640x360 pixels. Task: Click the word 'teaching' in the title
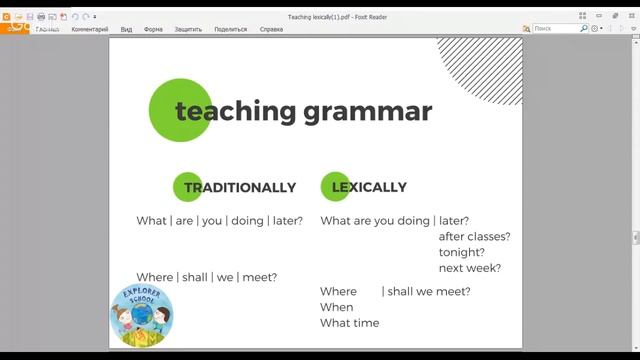point(236,111)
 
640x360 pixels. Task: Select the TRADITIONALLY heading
point(240,187)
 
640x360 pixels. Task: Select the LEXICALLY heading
point(369,187)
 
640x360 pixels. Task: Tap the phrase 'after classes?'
point(474,237)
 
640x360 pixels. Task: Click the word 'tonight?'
point(462,253)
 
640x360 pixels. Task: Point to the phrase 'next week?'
point(470,269)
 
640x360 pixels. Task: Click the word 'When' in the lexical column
point(337,307)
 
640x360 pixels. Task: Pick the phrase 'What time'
point(350,323)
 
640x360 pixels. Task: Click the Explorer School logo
point(141,317)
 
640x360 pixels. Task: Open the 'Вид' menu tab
point(127,29)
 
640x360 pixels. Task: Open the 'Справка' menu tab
point(271,29)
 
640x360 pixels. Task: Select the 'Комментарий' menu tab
point(90,29)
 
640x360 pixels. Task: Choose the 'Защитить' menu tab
point(188,29)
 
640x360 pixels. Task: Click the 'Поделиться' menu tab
point(231,29)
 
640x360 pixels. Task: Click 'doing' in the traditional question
point(247,221)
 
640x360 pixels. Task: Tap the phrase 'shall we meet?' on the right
point(428,291)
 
